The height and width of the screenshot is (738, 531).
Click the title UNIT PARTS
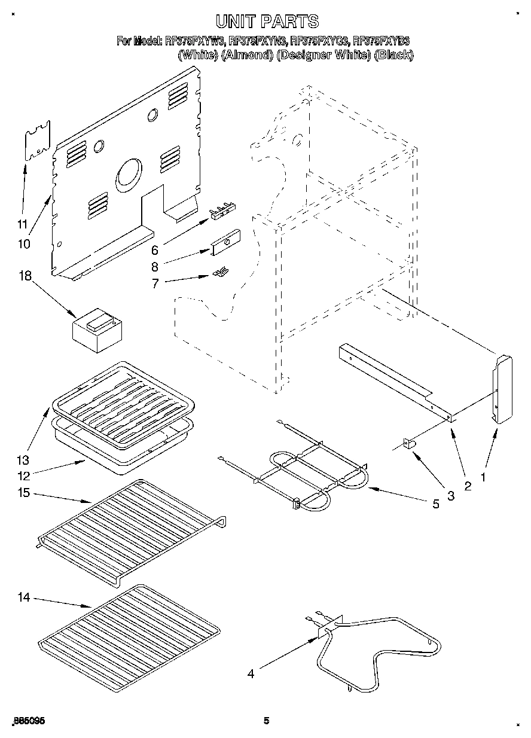[x=267, y=22]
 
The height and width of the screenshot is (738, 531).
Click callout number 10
[x=23, y=244]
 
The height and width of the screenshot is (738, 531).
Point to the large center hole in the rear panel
[x=129, y=175]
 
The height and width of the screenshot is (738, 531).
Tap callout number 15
[x=24, y=493]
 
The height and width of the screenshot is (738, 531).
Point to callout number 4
[x=251, y=674]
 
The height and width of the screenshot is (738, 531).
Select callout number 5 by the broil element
[x=436, y=504]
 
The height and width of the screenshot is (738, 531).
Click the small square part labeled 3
[x=409, y=444]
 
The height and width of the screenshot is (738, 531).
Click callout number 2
[x=468, y=486]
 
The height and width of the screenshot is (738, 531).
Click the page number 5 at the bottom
[x=267, y=721]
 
